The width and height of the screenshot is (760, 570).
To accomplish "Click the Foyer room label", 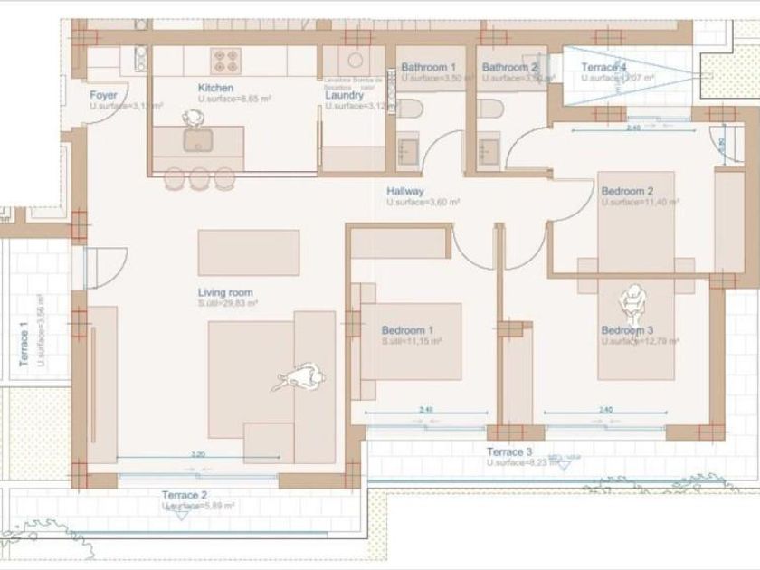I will (103, 95).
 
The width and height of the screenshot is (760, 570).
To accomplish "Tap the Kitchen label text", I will (215, 88).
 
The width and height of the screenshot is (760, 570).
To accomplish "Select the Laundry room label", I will (345, 95).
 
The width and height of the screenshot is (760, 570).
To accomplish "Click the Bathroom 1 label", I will (428, 68).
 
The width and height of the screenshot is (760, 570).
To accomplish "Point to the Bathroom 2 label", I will (509, 68).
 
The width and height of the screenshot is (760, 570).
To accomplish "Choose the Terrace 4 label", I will (603, 68).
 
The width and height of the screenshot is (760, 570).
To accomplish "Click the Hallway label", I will (405, 192).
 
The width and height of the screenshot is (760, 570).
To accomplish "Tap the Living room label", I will (225, 293).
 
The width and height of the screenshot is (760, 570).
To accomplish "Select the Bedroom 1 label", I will (407, 330).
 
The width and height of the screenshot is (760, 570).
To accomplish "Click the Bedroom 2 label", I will (627, 192).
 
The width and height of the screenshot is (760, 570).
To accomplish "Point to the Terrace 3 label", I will (509, 451).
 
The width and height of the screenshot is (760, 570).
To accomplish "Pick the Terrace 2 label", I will (185, 495).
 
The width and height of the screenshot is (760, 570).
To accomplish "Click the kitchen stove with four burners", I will (225, 61).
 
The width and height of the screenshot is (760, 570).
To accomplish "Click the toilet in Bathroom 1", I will (410, 110).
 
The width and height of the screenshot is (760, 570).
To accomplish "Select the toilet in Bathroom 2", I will (489, 109).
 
